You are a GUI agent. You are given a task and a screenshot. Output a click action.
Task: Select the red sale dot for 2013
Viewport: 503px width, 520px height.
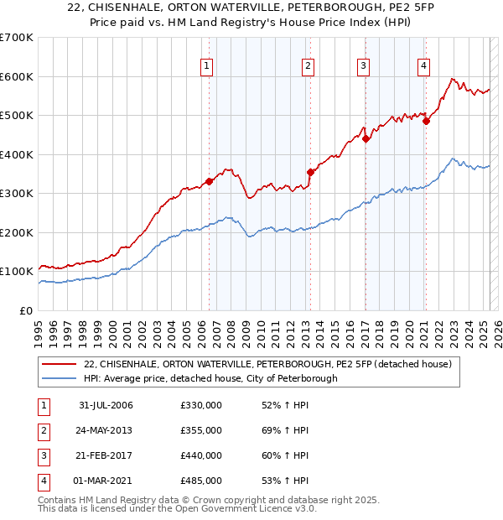click(310, 172)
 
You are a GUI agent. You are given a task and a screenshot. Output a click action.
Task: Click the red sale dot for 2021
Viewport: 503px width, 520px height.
click(426, 121)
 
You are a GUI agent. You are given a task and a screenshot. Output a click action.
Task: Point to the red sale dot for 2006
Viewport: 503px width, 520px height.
click(210, 181)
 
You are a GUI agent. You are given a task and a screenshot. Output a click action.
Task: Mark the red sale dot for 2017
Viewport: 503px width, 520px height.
click(366, 139)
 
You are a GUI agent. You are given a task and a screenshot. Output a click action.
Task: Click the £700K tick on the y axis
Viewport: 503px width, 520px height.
click(17, 38)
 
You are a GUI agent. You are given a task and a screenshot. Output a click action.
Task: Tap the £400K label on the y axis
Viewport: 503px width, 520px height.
click(17, 154)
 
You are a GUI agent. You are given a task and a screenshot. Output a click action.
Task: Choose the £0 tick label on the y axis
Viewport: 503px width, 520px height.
click(26, 310)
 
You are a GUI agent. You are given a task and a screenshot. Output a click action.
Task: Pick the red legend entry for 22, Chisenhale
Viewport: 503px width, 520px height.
click(267, 364)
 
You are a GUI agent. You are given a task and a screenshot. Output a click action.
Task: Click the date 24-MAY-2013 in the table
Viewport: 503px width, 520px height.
click(106, 430)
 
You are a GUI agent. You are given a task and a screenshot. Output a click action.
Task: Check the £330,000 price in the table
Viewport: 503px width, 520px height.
click(201, 405)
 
